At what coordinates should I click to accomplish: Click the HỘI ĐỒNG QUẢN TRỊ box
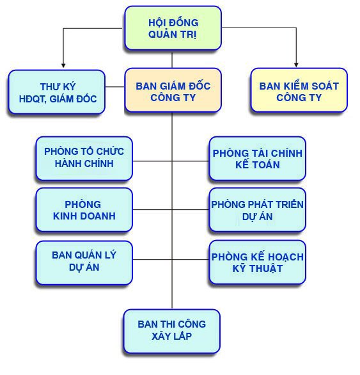(x=173, y=28)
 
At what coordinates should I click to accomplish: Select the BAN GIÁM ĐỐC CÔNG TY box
(x=173, y=90)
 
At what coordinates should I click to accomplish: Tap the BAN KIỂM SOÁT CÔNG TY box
(x=299, y=90)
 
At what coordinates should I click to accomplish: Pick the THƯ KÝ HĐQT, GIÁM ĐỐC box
(x=57, y=92)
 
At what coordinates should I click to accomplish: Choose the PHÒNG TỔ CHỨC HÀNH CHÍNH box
(x=84, y=158)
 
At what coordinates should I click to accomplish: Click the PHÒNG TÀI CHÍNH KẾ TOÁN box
(x=258, y=158)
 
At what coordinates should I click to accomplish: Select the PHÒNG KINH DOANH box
(x=84, y=210)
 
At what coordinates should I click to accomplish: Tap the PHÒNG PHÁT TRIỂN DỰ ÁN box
(x=258, y=210)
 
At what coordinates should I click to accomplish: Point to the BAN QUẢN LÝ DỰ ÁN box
(x=84, y=262)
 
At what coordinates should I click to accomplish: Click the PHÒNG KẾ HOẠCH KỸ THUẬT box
(x=258, y=262)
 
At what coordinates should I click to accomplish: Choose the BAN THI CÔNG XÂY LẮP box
(x=172, y=331)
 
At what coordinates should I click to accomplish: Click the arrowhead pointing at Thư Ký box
(x=63, y=65)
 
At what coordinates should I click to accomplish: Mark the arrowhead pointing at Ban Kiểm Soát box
(x=297, y=65)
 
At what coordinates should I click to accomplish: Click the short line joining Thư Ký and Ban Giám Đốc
(x=115, y=87)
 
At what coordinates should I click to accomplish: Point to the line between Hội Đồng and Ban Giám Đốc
(x=172, y=60)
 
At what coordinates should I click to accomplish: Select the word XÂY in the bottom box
(x=160, y=336)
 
